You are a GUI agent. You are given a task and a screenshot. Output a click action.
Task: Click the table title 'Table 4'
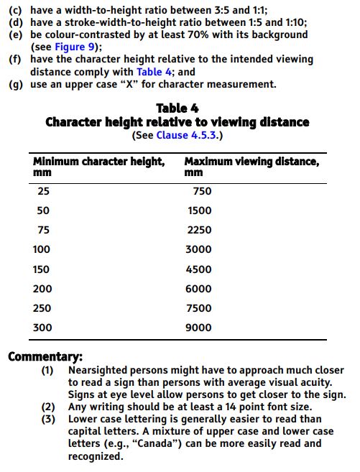177,108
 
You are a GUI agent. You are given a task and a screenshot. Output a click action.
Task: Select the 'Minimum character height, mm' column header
98,166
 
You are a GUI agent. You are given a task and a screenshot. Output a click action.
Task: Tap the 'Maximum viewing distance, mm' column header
251,166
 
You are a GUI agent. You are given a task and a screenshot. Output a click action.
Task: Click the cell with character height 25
44,191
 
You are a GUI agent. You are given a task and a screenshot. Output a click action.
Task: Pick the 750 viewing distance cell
202,191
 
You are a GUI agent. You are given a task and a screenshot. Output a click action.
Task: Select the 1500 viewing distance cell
199,210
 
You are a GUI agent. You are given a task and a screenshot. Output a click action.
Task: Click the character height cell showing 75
44,230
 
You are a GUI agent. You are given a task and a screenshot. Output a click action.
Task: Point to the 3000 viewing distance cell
199,249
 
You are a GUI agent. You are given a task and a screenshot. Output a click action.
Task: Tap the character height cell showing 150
42,269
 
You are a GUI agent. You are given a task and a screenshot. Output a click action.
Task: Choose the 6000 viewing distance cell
199,289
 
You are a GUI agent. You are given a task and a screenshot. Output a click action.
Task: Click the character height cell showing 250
42,308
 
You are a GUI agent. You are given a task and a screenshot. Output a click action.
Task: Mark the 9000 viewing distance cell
199,328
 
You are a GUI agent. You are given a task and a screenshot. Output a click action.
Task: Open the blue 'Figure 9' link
77,47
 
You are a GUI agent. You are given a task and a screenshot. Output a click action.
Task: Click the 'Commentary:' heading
45,356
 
